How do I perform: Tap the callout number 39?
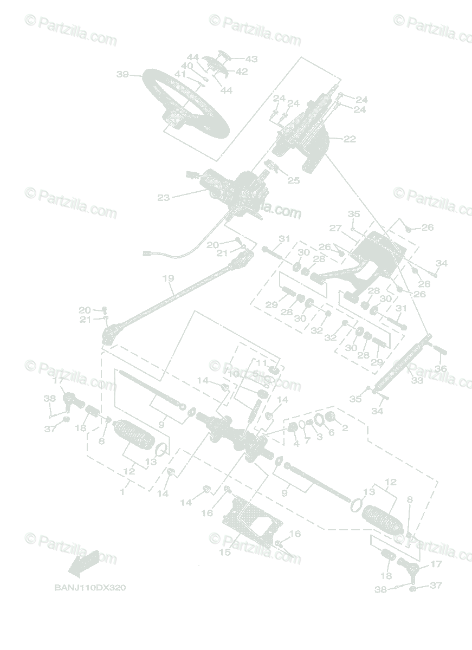point(122,74)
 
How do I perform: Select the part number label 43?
point(251,59)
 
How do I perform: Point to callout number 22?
point(350,139)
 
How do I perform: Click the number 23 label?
point(163,198)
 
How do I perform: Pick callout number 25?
point(293,180)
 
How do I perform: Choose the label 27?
point(335,228)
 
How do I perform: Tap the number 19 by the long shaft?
point(168,278)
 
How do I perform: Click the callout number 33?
point(417,381)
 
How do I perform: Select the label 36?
point(441,368)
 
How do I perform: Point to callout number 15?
point(224,552)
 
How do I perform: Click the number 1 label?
point(122,492)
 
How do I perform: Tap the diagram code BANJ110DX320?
point(90,588)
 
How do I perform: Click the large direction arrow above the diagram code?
point(83,563)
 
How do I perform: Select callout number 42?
point(241,71)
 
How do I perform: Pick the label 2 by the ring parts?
point(345,428)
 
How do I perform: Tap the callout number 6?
point(331,433)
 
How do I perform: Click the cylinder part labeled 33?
point(398,366)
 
